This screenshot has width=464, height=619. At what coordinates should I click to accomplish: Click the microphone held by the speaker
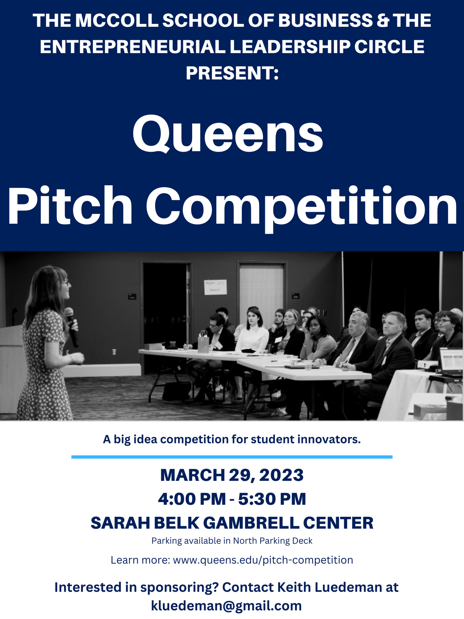(71, 327)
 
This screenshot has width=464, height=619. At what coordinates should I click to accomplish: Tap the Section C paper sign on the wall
(215, 287)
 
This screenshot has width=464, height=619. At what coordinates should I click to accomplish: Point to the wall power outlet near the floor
(114, 352)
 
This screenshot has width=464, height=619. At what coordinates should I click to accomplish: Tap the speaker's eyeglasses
(65, 281)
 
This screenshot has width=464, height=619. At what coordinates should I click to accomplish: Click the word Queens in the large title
(228, 134)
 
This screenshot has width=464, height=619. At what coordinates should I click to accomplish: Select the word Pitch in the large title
(70, 205)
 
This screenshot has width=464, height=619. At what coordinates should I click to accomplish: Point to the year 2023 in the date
(281, 475)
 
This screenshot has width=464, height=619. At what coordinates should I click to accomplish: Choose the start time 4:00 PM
(192, 499)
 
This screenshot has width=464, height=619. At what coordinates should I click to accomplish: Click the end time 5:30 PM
(272, 499)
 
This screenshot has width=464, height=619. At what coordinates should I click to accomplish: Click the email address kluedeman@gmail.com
(226, 605)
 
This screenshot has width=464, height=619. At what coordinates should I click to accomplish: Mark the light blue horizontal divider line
(232, 457)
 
